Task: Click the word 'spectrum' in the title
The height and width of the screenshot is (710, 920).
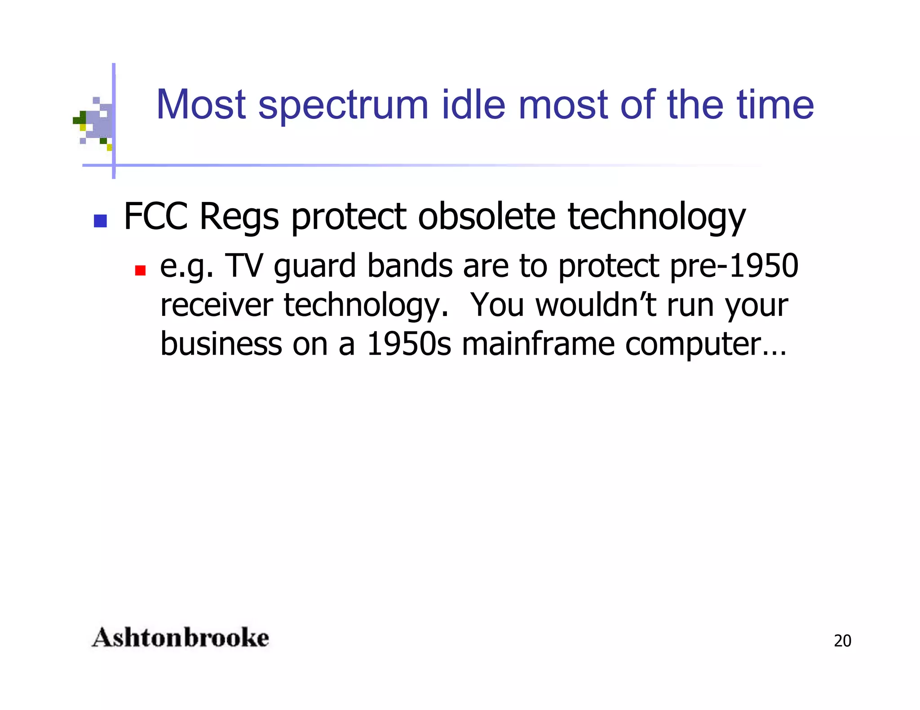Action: [344, 106]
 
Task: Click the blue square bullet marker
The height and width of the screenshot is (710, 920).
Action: [100, 221]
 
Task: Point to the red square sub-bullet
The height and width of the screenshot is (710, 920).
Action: [140, 270]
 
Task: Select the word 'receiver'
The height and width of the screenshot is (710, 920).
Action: [217, 305]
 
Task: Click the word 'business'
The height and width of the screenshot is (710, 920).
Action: [221, 344]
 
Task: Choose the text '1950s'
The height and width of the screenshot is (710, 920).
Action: [409, 344]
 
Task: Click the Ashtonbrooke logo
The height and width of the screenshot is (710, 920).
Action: [180, 638]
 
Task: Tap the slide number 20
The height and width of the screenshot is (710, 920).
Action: [842, 641]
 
